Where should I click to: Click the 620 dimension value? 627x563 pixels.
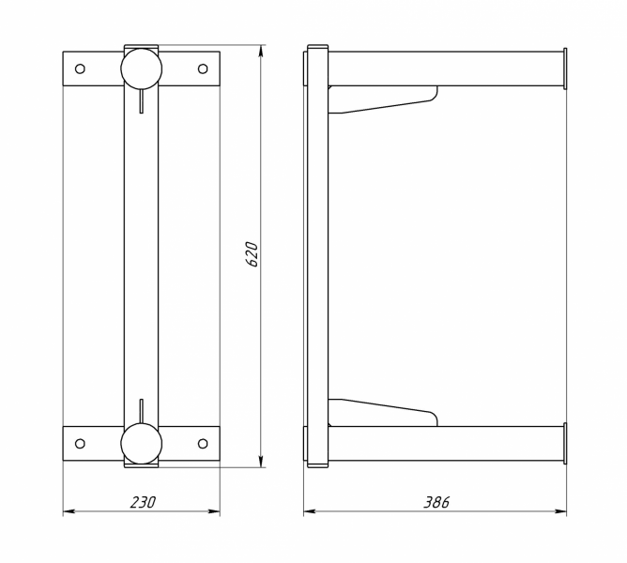(x=252, y=254)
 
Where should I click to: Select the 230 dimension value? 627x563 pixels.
(x=143, y=502)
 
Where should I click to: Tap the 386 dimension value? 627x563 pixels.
(x=436, y=502)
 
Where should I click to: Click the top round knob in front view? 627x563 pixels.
(x=141, y=68)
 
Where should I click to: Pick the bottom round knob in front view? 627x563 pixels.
(x=141, y=444)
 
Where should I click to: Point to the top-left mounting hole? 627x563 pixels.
(x=80, y=68)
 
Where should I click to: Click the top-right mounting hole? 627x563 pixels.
(x=203, y=68)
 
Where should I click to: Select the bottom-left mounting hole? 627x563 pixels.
(x=80, y=444)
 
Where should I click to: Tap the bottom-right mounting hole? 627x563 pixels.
(x=203, y=444)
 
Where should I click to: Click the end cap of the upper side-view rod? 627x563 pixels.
(x=565, y=68)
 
